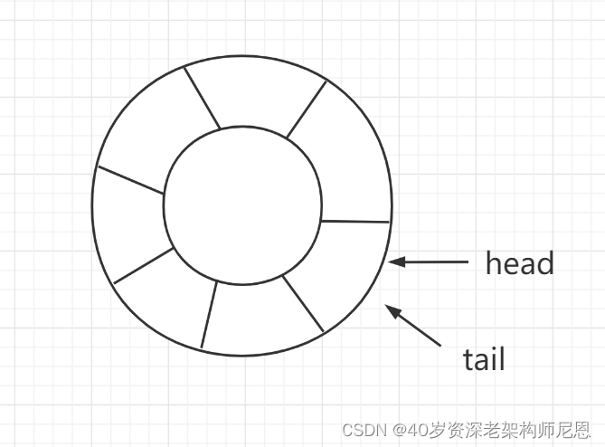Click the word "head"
[x=519, y=263]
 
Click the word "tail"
[x=484, y=360]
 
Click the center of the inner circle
[x=241, y=204]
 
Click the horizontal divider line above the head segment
[x=354, y=221]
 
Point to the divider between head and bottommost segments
[x=303, y=303]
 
